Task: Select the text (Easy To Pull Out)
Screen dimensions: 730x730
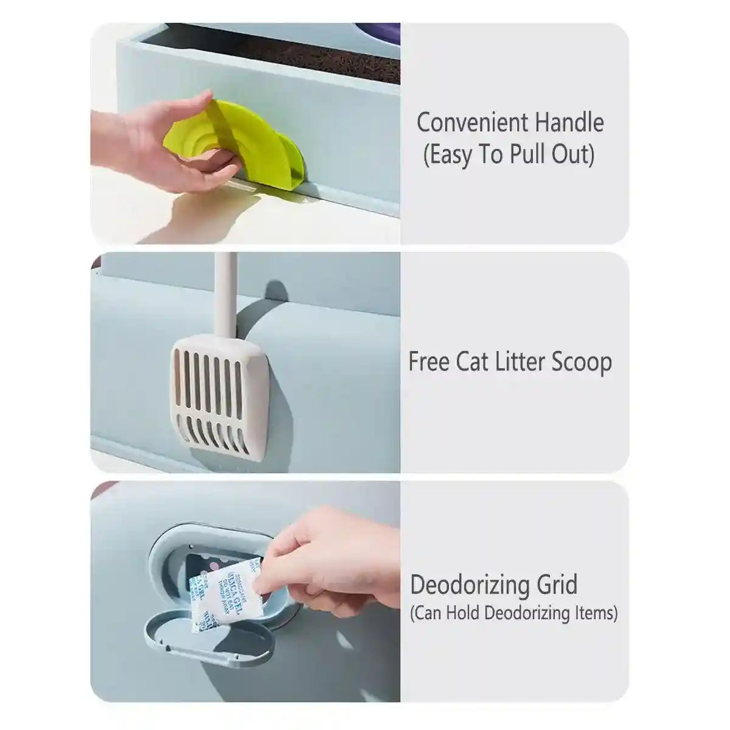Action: click(509, 155)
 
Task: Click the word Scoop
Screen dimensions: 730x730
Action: click(582, 363)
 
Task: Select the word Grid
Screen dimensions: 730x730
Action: click(554, 585)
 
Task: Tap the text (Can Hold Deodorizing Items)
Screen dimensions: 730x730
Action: click(514, 613)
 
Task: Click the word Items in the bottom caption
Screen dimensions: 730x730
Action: click(595, 613)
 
